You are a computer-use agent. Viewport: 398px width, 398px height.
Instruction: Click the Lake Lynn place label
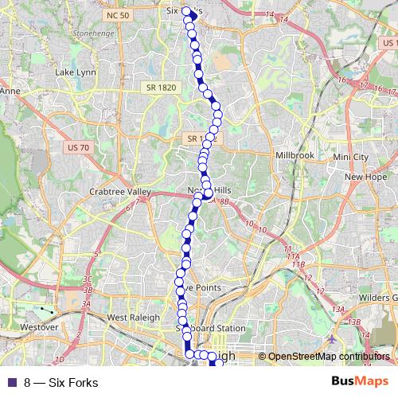pyautogui.click(x=76, y=72)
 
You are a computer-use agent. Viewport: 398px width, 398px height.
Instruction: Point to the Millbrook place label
pyautogui.click(x=295, y=155)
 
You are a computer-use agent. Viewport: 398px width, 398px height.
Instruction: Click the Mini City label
pyautogui.click(x=351, y=158)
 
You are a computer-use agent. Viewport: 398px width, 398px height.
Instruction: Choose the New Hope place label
pyautogui.click(x=365, y=177)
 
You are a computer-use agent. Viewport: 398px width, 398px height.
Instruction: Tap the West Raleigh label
pyautogui.click(x=129, y=318)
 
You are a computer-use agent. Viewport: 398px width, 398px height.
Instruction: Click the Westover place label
pyautogui.click(x=39, y=326)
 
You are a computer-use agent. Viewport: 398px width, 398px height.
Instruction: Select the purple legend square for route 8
pyautogui.click(x=10, y=383)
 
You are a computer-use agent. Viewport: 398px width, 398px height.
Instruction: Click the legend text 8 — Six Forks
pyautogui.click(x=60, y=383)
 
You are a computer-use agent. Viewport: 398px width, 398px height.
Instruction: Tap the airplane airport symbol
pyautogui.click(x=331, y=340)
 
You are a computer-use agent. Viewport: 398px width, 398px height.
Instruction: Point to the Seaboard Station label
pyautogui.click(x=210, y=328)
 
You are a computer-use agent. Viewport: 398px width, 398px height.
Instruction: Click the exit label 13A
pyautogui.click(x=338, y=310)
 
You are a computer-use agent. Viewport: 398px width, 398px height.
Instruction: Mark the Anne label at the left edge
pyautogui.click(x=10, y=92)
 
